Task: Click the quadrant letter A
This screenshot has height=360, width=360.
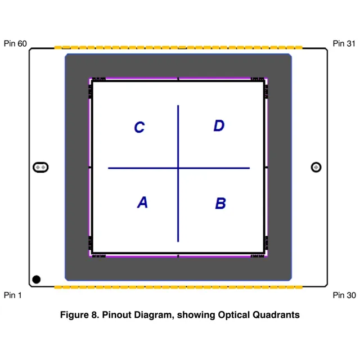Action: click(142, 202)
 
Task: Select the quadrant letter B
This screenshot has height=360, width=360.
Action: click(220, 203)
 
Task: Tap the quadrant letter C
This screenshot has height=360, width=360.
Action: click(139, 128)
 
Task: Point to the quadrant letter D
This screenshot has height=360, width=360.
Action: click(219, 126)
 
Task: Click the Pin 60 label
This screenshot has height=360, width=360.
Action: click(15, 43)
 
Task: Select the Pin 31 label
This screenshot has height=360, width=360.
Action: click(344, 43)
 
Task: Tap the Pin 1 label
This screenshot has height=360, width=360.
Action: click(13, 295)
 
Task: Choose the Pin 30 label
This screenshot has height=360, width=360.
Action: click(344, 295)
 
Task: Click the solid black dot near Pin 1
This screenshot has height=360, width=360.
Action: click(37, 279)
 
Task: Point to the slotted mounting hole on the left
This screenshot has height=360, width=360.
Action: click(40, 167)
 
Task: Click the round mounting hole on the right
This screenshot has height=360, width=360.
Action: click(316, 167)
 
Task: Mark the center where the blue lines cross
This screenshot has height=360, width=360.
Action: click(178, 168)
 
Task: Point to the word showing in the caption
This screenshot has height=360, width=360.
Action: click(195, 315)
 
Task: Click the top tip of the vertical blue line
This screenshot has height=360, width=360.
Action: click(178, 106)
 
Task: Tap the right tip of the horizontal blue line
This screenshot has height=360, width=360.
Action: click(249, 168)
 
